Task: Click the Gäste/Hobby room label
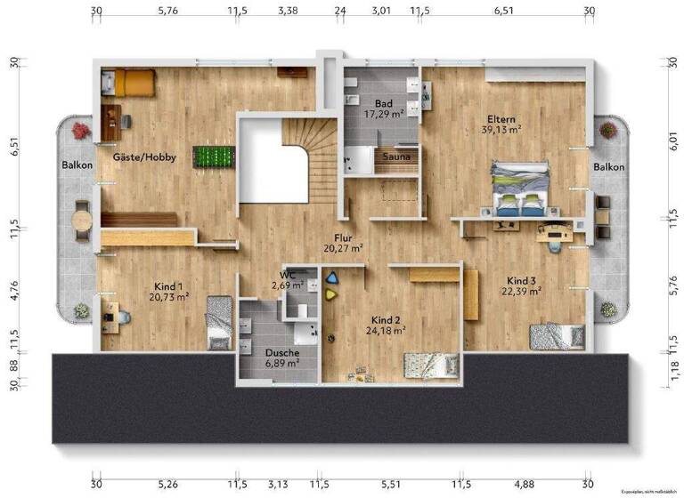pos(144,157)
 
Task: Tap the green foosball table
pos(215,157)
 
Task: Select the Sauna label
pos(395,157)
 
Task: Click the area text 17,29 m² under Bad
pos(385,115)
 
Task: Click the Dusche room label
pos(282,352)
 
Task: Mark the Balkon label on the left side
pos(77,165)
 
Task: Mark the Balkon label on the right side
pos(609,166)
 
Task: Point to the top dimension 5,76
pos(167,12)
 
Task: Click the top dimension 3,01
pos(380,12)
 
